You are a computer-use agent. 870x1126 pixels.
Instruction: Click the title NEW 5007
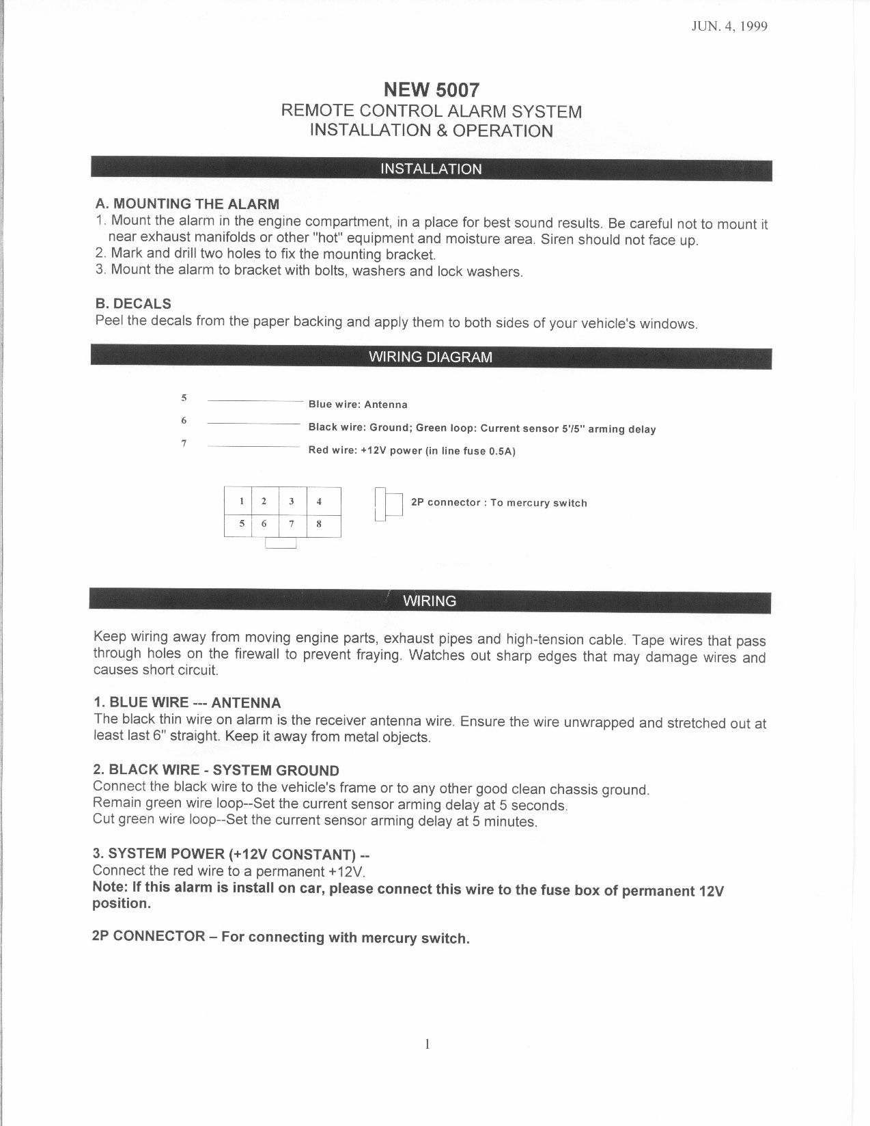[x=432, y=90]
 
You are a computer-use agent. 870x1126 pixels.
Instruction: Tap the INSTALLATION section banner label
[x=431, y=169]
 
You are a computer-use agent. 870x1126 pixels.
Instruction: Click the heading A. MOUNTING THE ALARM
[x=187, y=204]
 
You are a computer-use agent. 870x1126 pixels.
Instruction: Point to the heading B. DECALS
[x=133, y=303]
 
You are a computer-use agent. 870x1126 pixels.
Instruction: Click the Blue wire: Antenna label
[x=358, y=404]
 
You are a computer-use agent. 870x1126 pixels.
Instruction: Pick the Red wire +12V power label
[x=412, y=451]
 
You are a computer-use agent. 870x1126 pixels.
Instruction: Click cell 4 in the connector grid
[x=319, y=501]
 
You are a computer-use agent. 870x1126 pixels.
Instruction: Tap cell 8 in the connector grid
[x=319, y=524]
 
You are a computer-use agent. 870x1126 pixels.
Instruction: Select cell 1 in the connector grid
[x=241, y=501]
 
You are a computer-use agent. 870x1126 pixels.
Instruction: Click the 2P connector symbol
[x=389, y=505]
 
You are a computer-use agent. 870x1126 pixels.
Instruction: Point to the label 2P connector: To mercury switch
[x=499, y=503]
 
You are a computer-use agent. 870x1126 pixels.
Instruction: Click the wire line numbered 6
[x=253, y=424]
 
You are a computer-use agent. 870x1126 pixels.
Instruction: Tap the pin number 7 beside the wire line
[x=184, y=443]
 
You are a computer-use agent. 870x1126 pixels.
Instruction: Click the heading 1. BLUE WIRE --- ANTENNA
[x=187, y=702]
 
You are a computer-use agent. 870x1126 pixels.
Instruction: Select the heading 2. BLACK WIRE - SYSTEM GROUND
[x=216, y=771]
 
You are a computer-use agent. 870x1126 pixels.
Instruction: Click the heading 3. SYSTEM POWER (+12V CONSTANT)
[x=231, y=854]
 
